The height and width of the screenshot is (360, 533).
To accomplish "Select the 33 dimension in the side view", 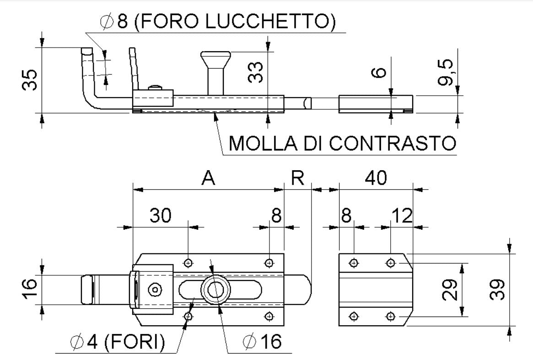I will (x=257, y=72).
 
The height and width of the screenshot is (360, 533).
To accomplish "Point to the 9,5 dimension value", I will (x=447, y=72).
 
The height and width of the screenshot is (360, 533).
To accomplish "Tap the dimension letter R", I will (x=298, y=178).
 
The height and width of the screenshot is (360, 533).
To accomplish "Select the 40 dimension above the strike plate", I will (x=375, y=178).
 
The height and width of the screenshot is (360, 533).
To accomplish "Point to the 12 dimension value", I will (x=402, y=215).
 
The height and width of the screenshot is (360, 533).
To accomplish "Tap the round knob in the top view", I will (x=215, y=289).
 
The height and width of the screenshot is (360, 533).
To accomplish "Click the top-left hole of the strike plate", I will (x=353, y=263).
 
